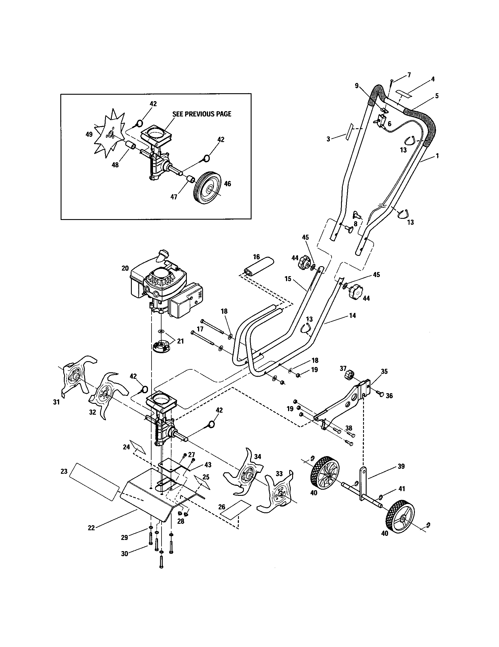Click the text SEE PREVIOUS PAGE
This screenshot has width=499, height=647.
202,114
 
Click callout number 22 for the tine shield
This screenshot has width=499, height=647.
91,528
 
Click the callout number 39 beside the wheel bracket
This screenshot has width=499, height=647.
401,466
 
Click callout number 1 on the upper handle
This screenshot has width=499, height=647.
437,156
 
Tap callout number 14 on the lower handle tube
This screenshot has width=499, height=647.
352,316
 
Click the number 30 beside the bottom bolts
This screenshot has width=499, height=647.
124,553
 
